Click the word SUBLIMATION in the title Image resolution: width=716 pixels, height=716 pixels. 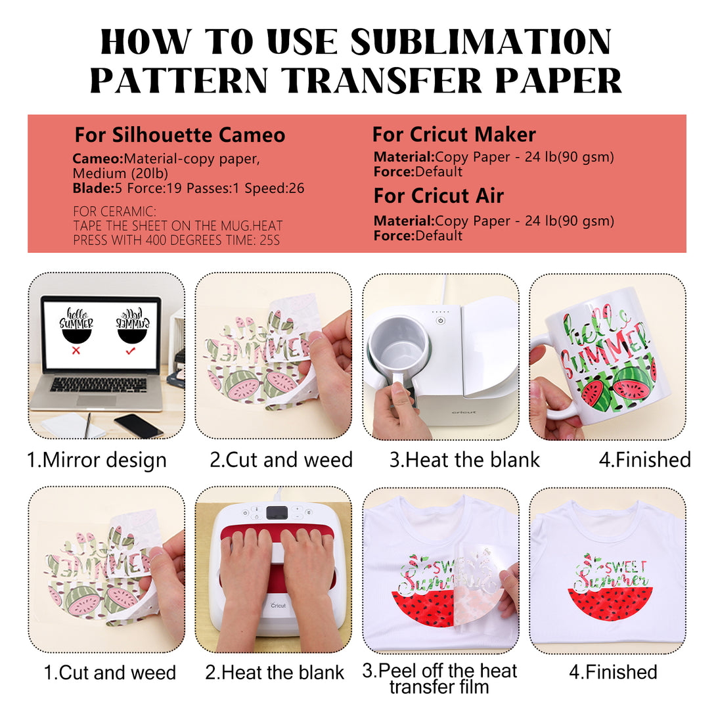tap(481, 42)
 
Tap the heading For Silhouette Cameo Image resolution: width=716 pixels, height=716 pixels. tap(180, 135)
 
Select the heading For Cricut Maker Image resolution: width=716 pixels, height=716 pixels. tap(454, 134)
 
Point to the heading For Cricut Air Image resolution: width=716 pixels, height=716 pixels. tap(438, 196)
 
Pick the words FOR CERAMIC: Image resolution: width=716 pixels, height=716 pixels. tap(114, 212)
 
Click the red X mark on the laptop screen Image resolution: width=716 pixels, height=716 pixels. tap(76, 350)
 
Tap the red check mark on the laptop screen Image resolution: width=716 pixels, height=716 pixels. tap(131, 351)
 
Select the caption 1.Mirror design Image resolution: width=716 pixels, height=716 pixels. tap(97, 460)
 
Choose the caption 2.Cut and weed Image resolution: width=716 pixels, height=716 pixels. tap(281, 459)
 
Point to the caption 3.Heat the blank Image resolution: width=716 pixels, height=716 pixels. tap(464, 459)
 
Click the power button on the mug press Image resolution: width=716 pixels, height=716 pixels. tap(441, 321)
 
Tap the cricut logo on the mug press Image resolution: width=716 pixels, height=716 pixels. tap(464, 412)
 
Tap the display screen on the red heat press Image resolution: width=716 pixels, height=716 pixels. tap(277, 512)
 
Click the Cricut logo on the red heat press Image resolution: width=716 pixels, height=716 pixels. tap(278, 605)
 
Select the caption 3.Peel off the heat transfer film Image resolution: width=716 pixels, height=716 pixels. tap(439, 679)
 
